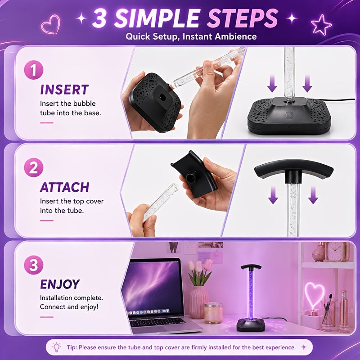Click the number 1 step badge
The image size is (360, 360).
point(33,70)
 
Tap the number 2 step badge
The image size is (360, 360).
point(33,167)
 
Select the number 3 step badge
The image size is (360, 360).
point(33,265)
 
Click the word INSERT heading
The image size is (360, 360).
point(64,90)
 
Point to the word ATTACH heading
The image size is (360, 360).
point(64,187)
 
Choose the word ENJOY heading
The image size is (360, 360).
point(60,284)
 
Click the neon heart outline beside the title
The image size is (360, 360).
point(50,25)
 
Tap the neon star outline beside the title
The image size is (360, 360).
point(321,25)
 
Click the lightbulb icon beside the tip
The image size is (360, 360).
point(57,347)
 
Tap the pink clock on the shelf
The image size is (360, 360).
point(334,252)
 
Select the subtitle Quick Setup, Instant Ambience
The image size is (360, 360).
point(191,36)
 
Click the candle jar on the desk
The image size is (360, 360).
point(213,313)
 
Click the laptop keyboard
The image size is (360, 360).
point(157,322)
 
